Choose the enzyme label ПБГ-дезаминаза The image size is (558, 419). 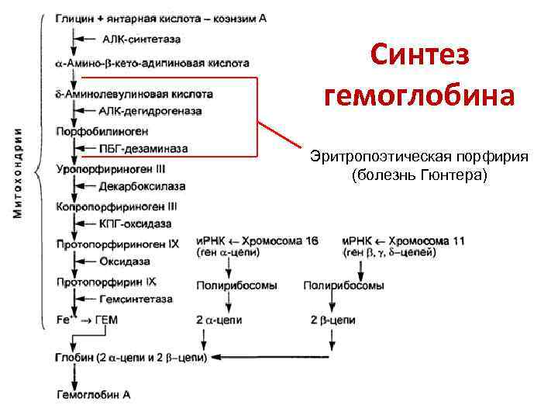[x=144, y=149]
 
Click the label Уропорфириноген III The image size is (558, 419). [x=111, y=168]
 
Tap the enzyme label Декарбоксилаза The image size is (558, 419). [x=143, y=187]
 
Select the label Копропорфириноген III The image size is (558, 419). [x=116, y=206]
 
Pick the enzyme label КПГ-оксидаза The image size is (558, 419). [x=136, y=225]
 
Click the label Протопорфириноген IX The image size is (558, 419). [x=118, y=244]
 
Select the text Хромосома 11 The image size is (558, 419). [x=425, y=241]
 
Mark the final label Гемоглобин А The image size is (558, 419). [x=94, y=395]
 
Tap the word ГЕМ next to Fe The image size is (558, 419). [x=109, y=319]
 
